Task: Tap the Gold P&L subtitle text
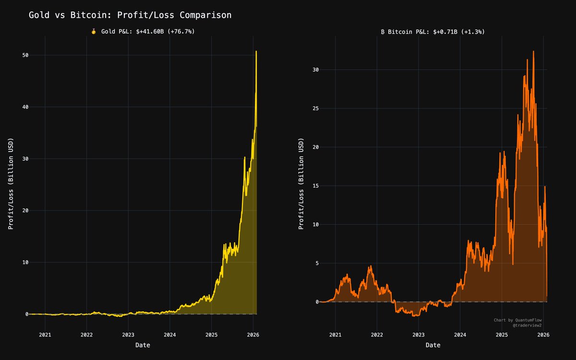tap(148, 31)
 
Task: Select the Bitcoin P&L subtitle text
tap(436, 32)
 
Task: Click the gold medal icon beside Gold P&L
tap(94, 31)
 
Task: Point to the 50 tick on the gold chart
tap(25, 55)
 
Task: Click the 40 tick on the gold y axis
tap(25, 107)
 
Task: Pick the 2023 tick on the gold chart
tap(128, 335)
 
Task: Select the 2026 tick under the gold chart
tap(253, 335)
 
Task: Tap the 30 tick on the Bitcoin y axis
tap(315, 70)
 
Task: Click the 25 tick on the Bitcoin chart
tap(315, 108)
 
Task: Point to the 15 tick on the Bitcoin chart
tap(315, 186)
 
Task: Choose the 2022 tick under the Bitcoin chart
tap(377, 335)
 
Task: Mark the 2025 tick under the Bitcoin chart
tap(502, 335)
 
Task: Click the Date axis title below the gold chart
tap(143, 345)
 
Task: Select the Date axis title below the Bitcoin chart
tap(433, 345)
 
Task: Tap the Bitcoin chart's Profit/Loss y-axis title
tap(301, 184)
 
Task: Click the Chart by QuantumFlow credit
tap(517, 320)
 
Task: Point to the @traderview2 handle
tap(527, 325)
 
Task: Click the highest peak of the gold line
tap(256, 51)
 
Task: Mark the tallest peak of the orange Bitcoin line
tap(533, 51)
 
